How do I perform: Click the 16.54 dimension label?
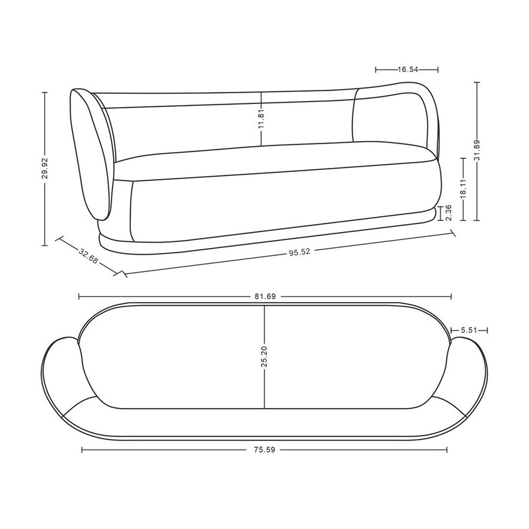pos(408,69)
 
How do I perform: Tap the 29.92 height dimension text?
pos(45,169)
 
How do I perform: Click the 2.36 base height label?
pos(448,212)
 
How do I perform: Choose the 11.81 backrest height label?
pos(261,119)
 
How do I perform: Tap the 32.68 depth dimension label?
pos(89,256)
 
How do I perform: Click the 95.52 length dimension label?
pos(300,252)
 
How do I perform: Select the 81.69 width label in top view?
pos(265,296)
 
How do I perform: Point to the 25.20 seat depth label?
pos(264,356)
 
